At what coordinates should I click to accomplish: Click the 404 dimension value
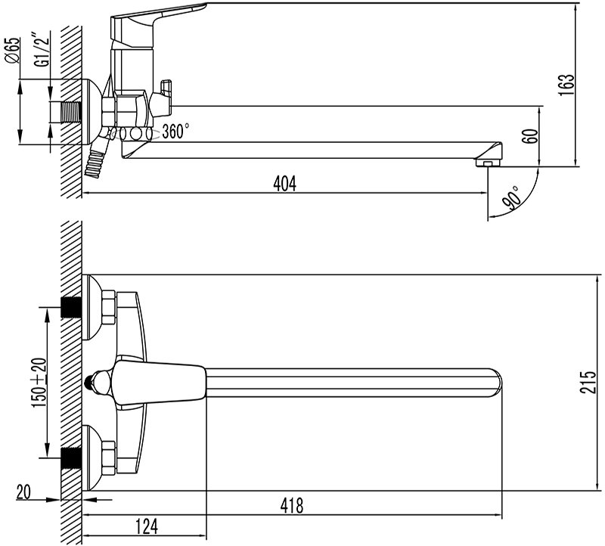285,183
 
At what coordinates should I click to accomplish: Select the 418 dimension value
292,505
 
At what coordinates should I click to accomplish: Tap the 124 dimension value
147,526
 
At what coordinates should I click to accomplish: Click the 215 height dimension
588,383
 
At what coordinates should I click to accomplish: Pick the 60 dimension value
532,136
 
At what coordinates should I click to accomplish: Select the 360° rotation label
175,131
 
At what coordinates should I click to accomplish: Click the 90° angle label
512,197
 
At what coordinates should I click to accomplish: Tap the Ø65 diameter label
12,50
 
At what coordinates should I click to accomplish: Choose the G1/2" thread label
43,50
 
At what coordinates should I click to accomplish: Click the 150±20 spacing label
39,383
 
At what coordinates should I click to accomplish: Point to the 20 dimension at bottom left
23,492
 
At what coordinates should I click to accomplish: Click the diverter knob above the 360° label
163,98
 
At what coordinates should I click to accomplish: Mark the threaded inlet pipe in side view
69,112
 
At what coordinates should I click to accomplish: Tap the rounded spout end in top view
495,383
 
